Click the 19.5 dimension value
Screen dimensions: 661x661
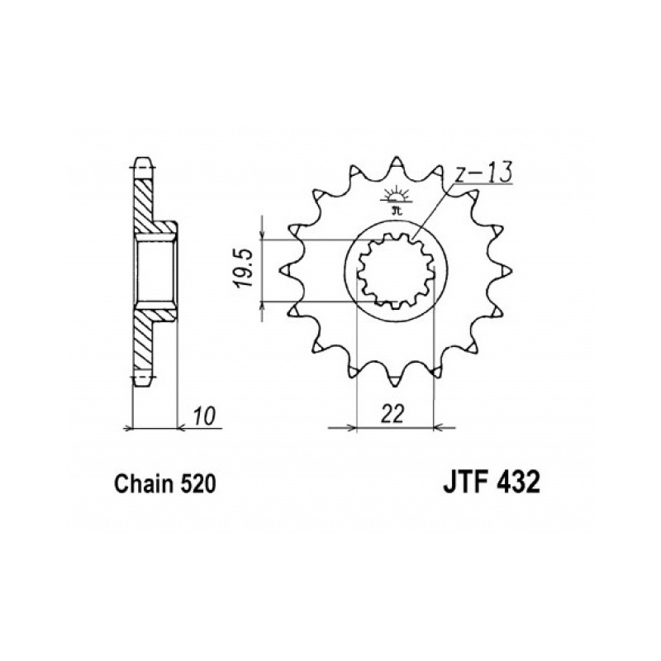[x=245, y=269]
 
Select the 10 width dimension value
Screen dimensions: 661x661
[x=205, y=416]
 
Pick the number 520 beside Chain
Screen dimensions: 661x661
[x=197, y=484]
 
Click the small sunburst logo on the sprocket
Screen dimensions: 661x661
[x=395, y=200]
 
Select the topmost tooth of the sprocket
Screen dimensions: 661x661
[x=396, y=164]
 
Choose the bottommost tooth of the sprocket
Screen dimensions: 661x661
[x=396, y=378]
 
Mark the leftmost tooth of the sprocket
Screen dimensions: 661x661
[x=288, y=270]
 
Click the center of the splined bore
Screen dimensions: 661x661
[x=396, y=271]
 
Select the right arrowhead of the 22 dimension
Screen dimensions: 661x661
[x=439, y=428]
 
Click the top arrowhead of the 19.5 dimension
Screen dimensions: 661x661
[x=263, y=235]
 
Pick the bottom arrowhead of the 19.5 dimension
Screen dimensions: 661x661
[x=263, y=307]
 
